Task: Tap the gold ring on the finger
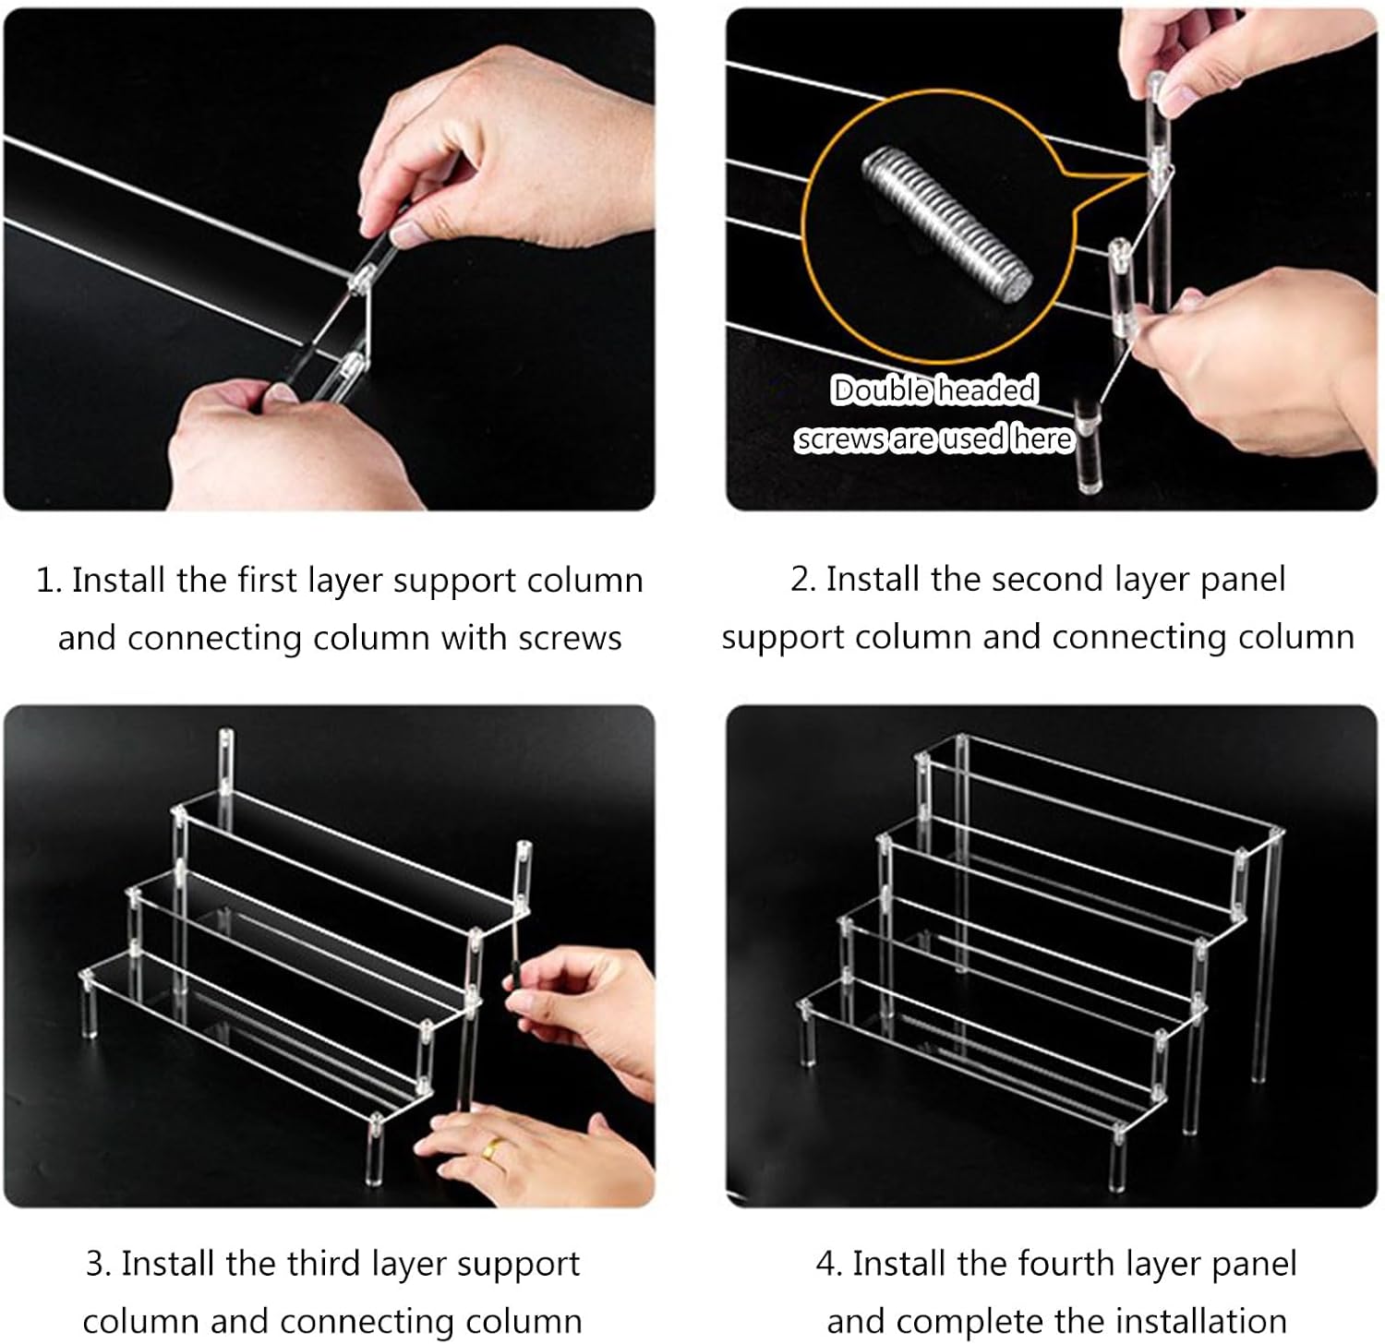(x=495, y=1149)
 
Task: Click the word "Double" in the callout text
(x=881, y=390)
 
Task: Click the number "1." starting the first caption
(x=49, y=581)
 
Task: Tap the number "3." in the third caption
(x=99, y=1263)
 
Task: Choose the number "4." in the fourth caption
(x=829, y=1263)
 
